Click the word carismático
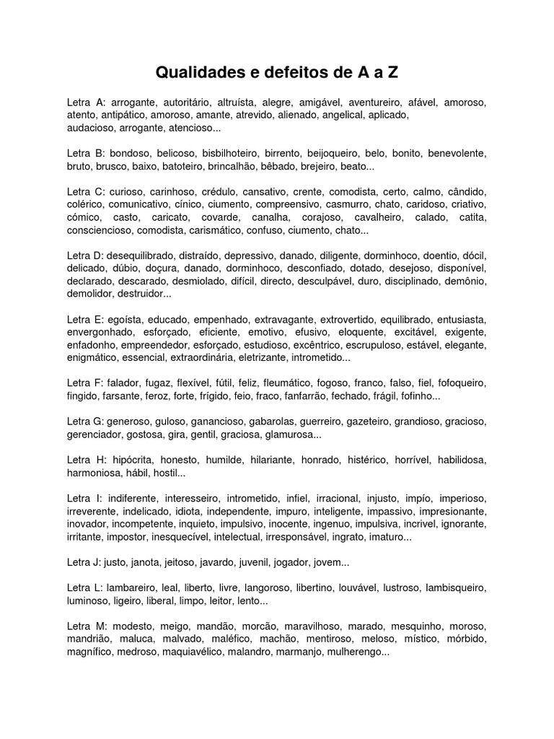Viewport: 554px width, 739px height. coord(221,230)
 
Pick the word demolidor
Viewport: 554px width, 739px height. coord(88,294)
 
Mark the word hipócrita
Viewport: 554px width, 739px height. coord(136,460)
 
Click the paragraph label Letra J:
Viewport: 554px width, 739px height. coord(84,562)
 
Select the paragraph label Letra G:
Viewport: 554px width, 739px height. coord(85,421)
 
